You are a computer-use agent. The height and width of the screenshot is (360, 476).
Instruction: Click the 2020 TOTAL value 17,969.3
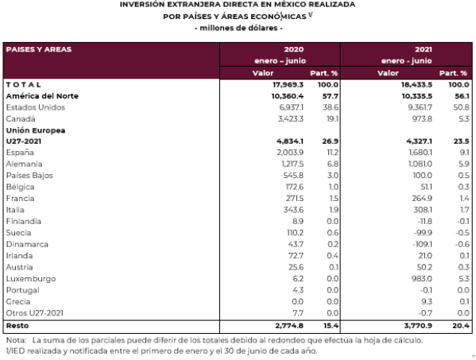[288, 85]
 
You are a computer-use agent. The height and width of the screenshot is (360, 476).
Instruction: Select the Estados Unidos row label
[36, 107]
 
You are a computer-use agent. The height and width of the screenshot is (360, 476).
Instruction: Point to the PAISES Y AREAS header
[39, 49]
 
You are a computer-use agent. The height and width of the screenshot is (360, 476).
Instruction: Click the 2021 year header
[424, 49]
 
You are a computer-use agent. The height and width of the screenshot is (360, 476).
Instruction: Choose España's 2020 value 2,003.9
[290, 153]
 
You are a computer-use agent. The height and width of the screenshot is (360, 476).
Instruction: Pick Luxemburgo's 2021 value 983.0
[422, 279]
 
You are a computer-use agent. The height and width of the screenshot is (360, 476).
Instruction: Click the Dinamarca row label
[27, 244]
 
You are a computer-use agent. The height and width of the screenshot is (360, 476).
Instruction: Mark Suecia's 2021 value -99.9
[424, 233]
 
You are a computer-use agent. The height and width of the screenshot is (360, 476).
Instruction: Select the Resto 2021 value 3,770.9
[418, 326]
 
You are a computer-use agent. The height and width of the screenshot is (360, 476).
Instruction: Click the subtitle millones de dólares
[238, 29]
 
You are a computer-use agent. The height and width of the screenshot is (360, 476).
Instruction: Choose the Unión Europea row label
[36, 130]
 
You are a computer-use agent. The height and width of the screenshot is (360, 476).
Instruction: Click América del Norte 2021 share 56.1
[462, 96]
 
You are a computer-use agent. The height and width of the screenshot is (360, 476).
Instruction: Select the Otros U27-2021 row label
[35, 313]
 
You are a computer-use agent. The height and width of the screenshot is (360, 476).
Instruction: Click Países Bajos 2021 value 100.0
[422, 176]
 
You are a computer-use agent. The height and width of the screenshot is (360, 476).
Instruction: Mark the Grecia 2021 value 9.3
[427, 302]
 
